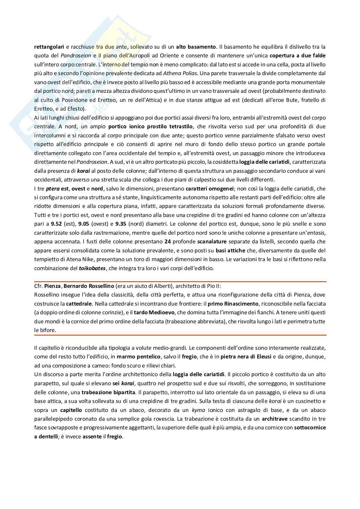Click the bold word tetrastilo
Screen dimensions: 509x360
pyautogui.click(x=178, y=126)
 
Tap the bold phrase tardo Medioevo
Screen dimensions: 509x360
pyautogui.click(x=149, y=312)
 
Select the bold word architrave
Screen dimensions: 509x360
pyautogui.click(x=275, y=419)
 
